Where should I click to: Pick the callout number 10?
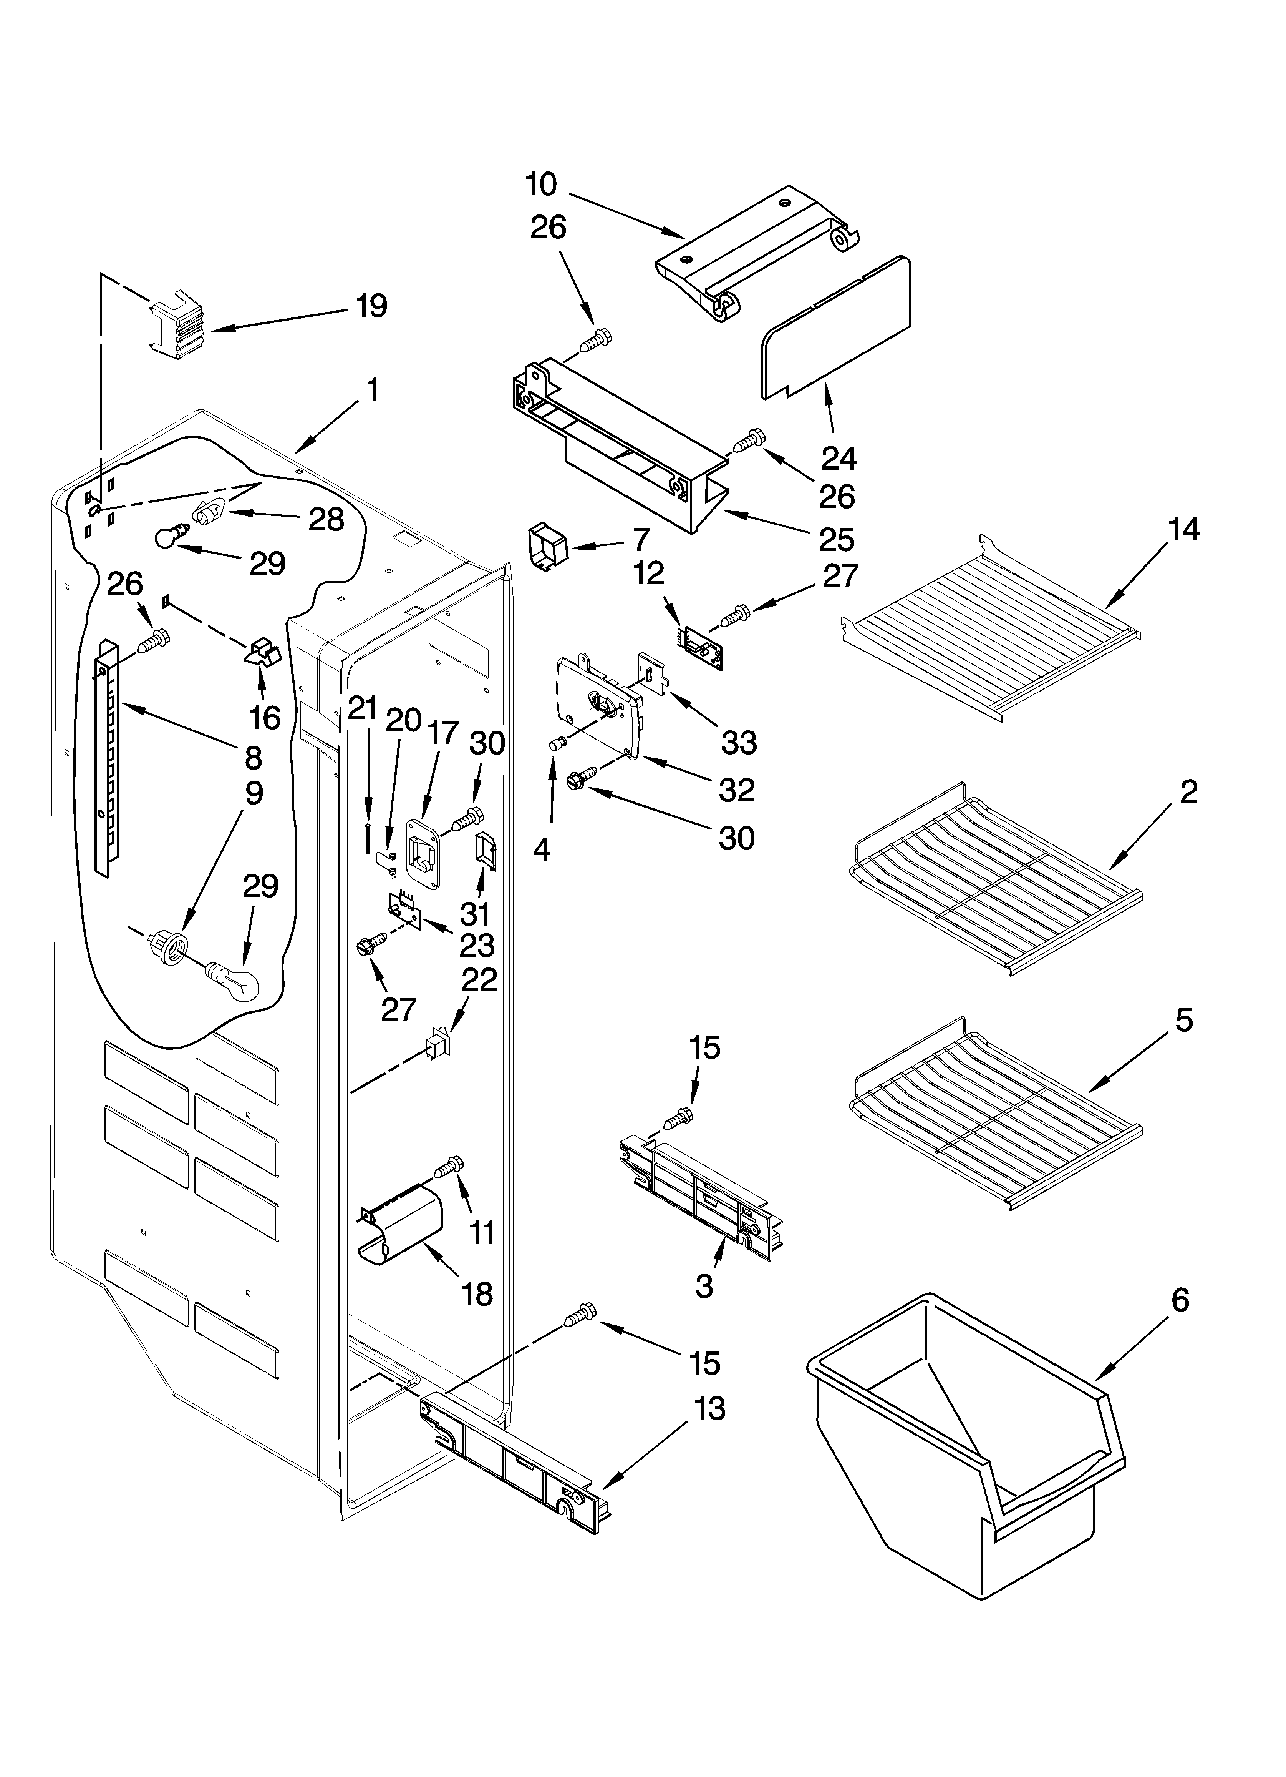click(540, 185)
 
